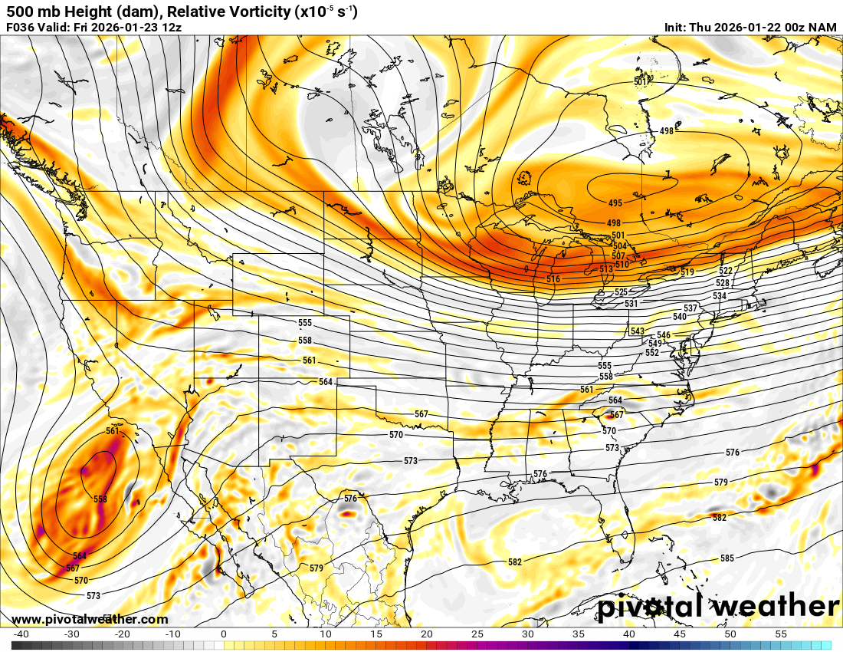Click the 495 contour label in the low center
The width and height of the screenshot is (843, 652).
(615, 203)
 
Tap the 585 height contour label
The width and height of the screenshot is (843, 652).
(727, 558)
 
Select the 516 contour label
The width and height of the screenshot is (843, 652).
(553, 279)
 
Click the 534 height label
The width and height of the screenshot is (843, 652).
(719, 296)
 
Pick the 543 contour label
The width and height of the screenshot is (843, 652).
(638, 331)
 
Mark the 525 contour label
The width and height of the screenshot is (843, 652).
(621, 292)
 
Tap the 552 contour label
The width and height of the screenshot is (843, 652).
(652, 353)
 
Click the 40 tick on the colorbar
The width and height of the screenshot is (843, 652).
(629, 634)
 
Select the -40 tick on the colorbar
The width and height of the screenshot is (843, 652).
(21, 634)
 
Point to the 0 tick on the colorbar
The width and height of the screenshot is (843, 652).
(223, 634)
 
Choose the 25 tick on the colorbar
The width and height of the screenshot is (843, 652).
(477, 634)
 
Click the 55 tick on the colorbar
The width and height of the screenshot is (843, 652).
(781, 634)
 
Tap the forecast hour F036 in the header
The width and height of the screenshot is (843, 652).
(21, 28)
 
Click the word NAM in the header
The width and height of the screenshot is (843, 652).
(824, 28)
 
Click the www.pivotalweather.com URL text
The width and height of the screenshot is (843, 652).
(90, 620)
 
